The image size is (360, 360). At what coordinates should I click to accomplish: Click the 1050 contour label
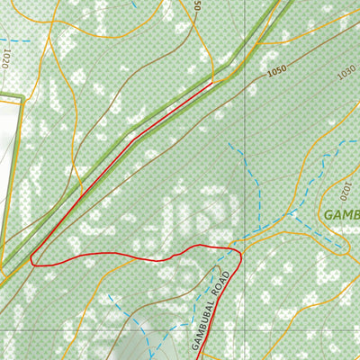point(276,69)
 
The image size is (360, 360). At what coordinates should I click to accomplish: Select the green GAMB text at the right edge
point(342,215)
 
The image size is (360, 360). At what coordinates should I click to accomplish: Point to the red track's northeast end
point(213,83)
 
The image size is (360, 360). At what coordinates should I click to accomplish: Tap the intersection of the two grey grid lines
point(243,331)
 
